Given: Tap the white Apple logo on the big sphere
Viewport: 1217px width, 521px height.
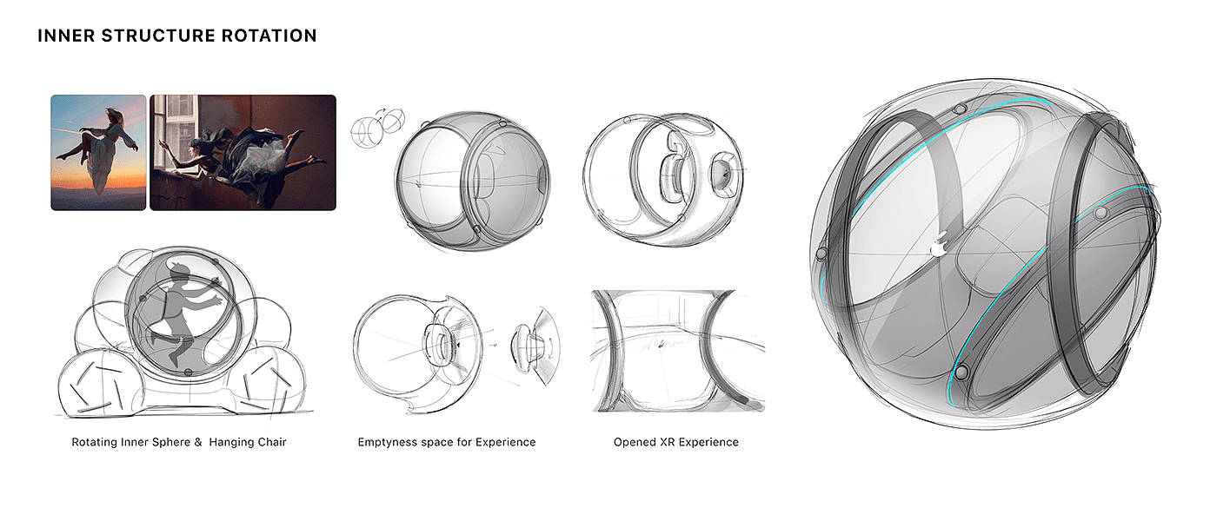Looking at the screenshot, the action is tap(938, 247).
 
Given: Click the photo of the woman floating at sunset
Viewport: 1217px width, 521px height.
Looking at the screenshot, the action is tap(98, 152).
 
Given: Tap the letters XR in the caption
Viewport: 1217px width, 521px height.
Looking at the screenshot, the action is tap(665, 442).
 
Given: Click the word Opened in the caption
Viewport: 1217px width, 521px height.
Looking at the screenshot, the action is tap(634, 442).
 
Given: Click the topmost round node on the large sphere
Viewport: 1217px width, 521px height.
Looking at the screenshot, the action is tap(961, 109).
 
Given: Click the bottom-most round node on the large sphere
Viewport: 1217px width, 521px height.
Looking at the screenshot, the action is tap(961, 373).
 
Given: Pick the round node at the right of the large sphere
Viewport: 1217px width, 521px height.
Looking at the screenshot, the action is tap(1101, 213).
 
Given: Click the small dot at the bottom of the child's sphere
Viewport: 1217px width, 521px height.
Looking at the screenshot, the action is tap(188, 372).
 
